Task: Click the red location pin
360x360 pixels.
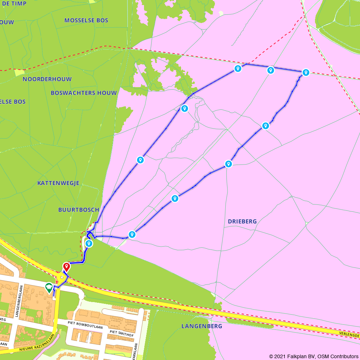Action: pos(67,267)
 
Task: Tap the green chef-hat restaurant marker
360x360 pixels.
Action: pos(49,287)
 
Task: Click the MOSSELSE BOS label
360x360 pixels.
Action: pos(86,21)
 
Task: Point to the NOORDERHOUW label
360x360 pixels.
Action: pos(47,79)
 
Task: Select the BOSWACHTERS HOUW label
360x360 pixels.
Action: pos(84,93)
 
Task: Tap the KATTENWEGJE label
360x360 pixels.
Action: pos(58,183)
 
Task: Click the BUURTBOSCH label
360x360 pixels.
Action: pos(78,210)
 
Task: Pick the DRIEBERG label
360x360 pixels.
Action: pos(242,221)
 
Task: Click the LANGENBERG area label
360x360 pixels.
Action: pos(202,326)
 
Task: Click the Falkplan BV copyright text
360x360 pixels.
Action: pos(314,356)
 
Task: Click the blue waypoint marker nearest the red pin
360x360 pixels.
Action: pos(89,244)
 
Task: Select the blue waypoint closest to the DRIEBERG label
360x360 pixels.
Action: pos(228,164)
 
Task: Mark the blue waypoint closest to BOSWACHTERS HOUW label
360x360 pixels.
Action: pos(184,108)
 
